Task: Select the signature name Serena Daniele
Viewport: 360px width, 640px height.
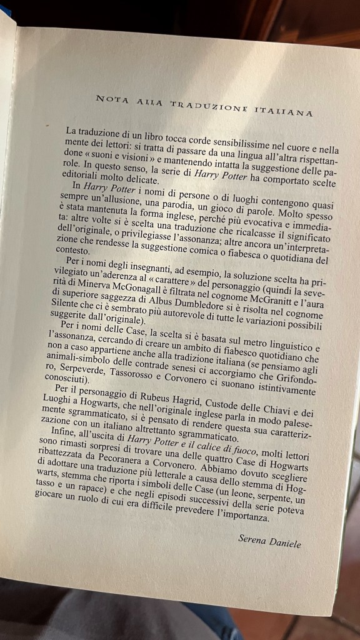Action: click(269, 539)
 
